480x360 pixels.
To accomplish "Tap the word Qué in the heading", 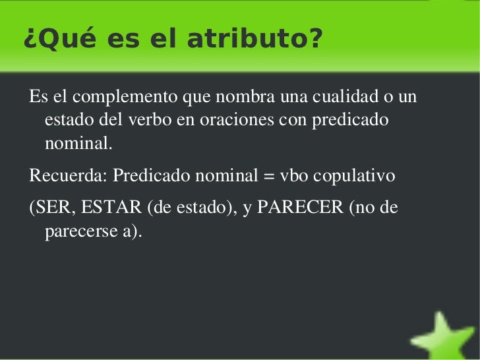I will pyautogui.click(x=58, y=40).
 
